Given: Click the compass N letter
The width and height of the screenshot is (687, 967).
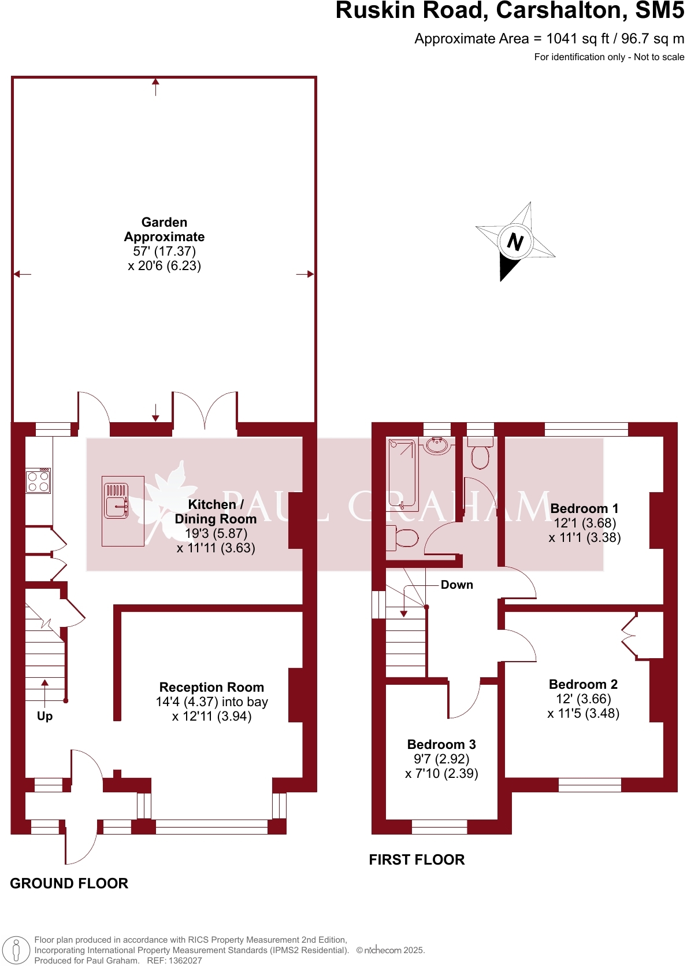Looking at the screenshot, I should [x=515, y=241].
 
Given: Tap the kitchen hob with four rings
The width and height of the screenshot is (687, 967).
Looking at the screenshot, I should [x=38, y=481].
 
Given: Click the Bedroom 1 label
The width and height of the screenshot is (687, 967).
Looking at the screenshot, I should [x=584, y=508].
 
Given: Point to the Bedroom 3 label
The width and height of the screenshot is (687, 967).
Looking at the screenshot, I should [x=441, y=744].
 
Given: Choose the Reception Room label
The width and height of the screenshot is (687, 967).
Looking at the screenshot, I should [x=211, y=687].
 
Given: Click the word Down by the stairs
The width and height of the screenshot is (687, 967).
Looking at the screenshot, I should [x=456, y=585].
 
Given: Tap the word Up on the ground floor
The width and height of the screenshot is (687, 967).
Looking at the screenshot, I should [x=44, y=716].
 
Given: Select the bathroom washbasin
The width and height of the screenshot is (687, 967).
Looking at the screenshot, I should [x=437, y=446].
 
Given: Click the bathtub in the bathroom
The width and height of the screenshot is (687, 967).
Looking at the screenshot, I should [x=402, y=475].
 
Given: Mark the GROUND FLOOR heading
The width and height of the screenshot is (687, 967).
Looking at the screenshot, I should [x=69, y=883].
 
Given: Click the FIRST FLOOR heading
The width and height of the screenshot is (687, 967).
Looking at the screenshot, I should [x=417, y=859].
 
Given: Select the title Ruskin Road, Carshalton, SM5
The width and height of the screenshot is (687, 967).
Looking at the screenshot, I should [x=510, y=11].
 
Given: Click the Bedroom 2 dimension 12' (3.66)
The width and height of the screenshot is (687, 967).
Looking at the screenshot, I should [x=583, y=699].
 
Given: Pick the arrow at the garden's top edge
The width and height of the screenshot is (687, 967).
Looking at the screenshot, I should [x=155, y=87].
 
